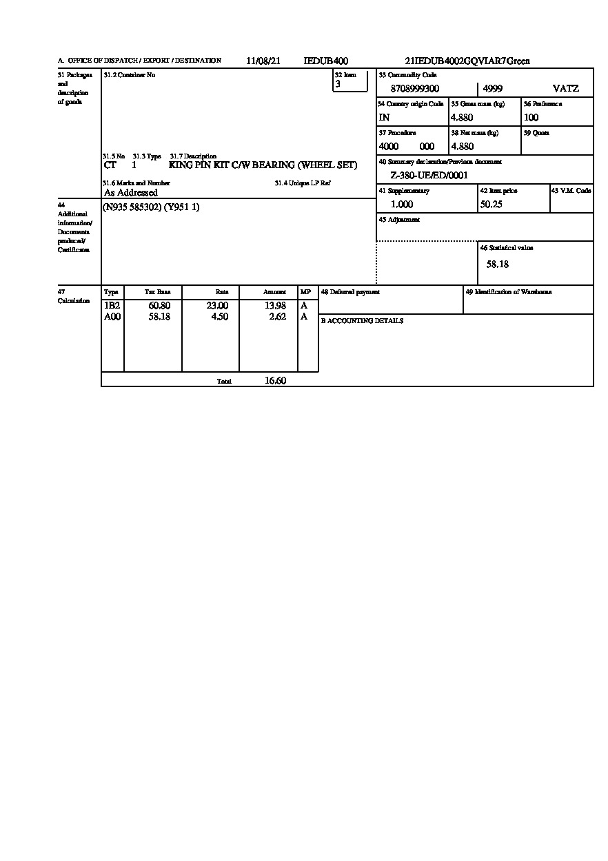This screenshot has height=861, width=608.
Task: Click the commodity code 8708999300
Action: [414, 89]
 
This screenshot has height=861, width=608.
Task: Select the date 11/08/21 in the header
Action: [263, 61]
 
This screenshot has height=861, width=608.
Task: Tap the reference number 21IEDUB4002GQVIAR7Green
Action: [467, 61]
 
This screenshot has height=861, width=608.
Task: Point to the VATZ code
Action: [566, 89]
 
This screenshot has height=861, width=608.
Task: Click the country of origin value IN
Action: [384, 118]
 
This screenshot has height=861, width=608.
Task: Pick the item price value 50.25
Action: [491, 205]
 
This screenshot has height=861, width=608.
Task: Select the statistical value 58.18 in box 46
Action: [498, 264]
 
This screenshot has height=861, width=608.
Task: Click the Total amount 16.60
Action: [275, 381]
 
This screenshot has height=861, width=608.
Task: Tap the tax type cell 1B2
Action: [112, 306]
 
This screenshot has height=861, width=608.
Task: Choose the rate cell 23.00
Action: [217, 306]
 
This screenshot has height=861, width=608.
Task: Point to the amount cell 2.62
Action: [277, 317]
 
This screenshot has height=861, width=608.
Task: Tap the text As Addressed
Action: [130, 193]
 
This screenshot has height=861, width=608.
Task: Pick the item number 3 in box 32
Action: [338, 84]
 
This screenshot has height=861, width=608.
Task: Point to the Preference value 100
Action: [531, 118]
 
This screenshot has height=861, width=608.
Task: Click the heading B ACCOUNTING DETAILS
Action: [362, 321]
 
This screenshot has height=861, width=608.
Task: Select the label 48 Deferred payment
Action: [350, 292]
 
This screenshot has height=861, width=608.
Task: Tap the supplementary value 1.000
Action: [402, 205]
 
